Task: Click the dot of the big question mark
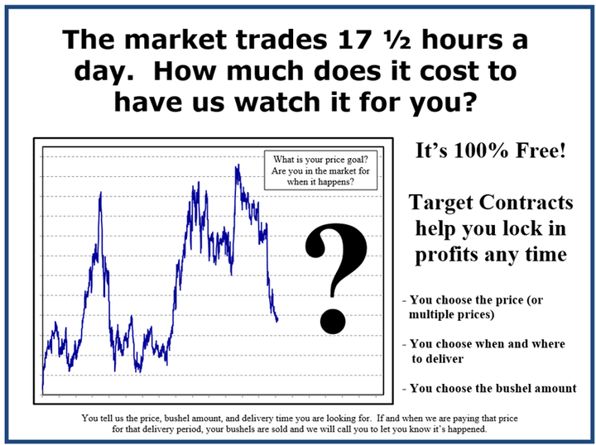click(333, 321)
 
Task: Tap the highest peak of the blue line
click(238, 165)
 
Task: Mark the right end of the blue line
click(277, 319)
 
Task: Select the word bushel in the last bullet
click(512, 388)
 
